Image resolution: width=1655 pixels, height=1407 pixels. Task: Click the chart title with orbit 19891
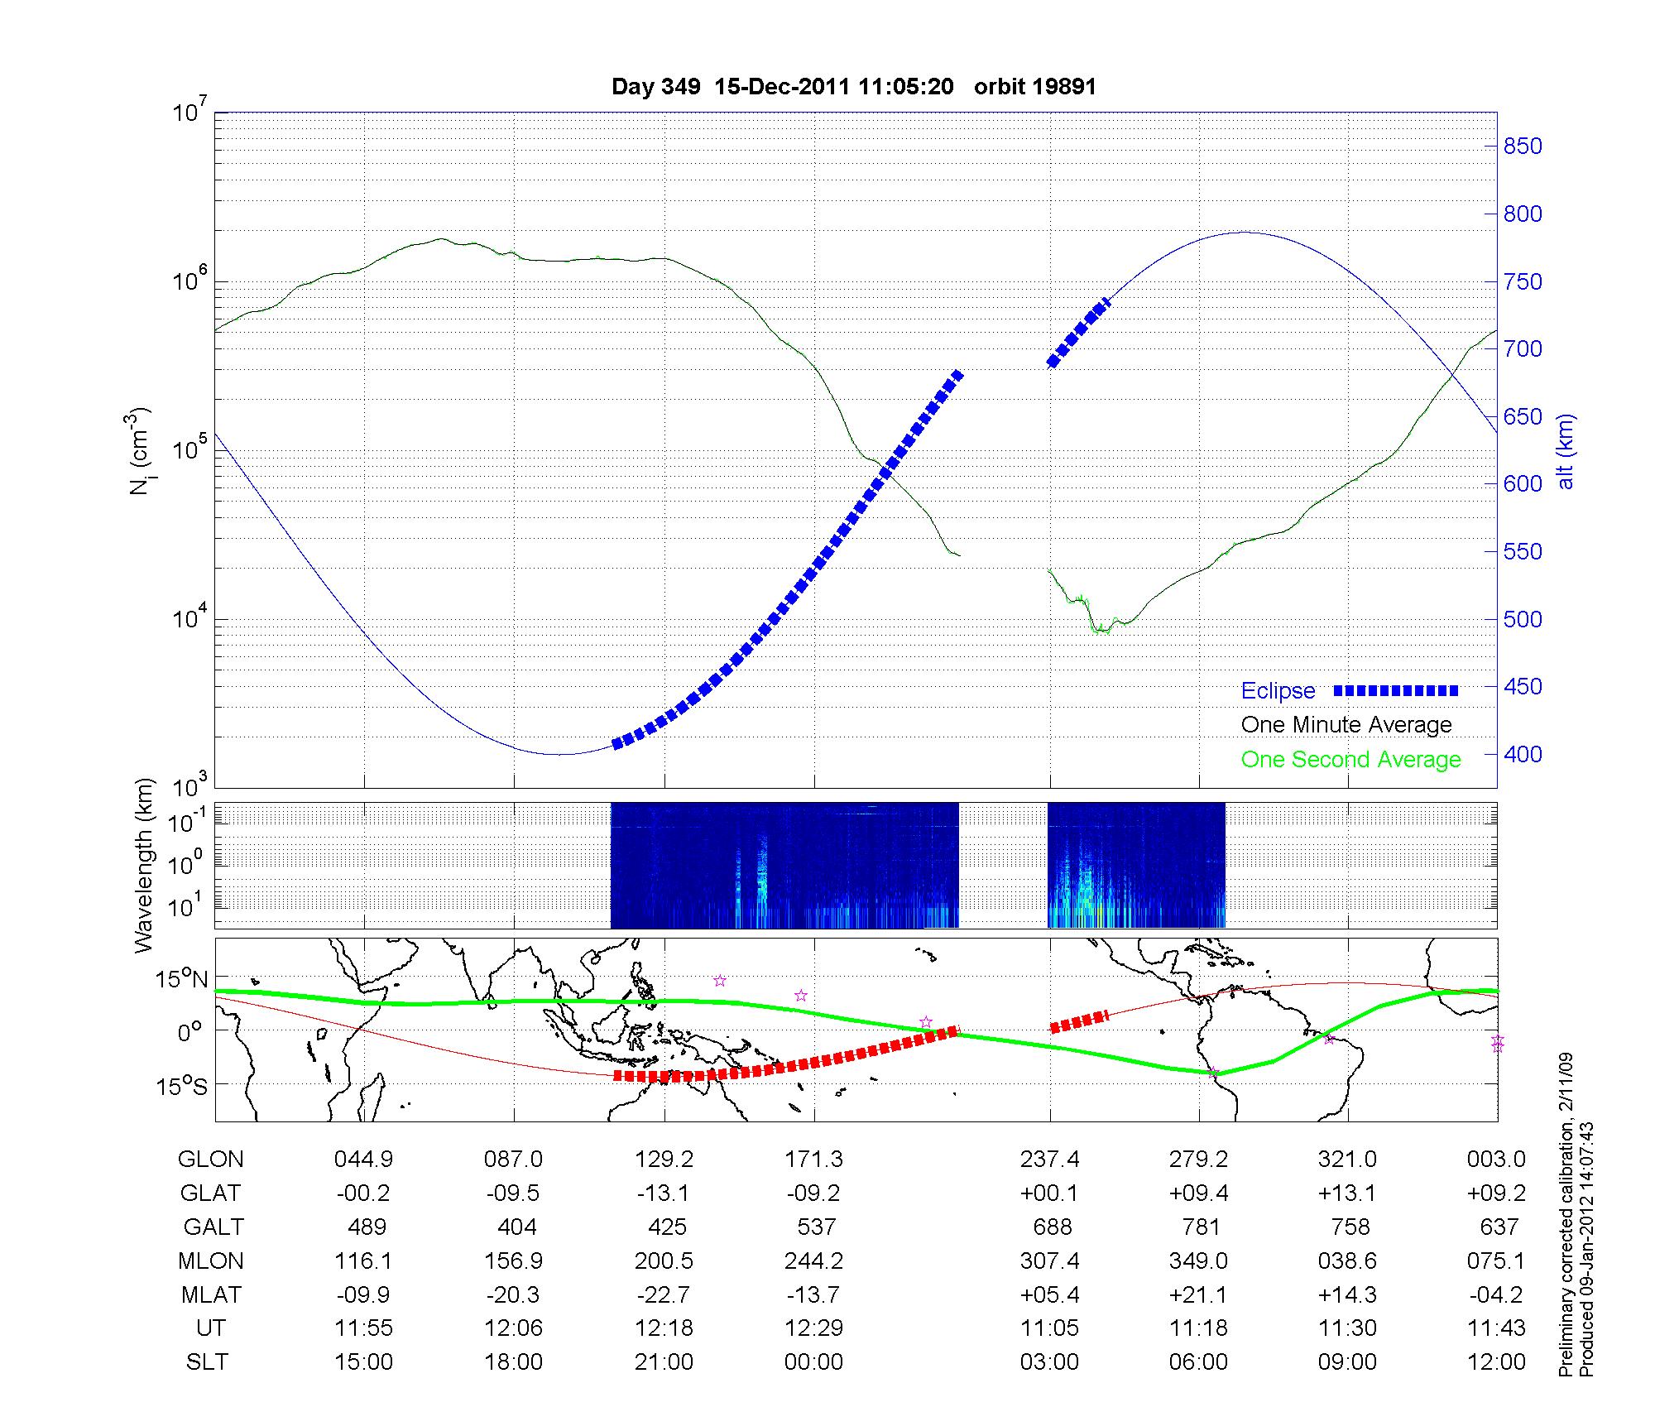pos(853,87)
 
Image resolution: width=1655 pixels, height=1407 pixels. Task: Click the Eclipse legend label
pos(1278,691)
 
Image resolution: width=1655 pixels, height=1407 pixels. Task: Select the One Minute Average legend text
pos(1346,725)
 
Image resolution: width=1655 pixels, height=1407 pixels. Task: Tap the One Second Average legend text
pos(1350,760)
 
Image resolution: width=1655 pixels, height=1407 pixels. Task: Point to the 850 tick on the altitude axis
pos(1523,146)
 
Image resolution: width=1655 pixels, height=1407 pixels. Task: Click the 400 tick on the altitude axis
pos(1523,755)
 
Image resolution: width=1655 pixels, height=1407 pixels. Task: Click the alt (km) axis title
pos(1566,451)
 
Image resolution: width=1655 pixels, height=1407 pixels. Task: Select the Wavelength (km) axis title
pos(145,865)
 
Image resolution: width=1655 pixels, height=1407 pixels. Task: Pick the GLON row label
pos(210,1160)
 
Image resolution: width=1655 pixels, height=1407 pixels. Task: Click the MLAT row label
pos(210,1294)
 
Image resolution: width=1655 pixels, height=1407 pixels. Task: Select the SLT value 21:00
pos(664,1362)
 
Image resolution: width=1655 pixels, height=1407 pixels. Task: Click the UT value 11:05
pos(1049,1328)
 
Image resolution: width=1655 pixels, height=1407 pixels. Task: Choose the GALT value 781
pos(1201,1227)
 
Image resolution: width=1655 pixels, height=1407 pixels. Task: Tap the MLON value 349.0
pos(1198,1261)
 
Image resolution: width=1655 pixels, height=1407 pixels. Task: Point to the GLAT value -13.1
pos(664,1193)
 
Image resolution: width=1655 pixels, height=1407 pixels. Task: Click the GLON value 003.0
pos(1496,1160)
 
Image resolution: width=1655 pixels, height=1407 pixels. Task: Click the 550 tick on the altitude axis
pos(1523,552)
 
